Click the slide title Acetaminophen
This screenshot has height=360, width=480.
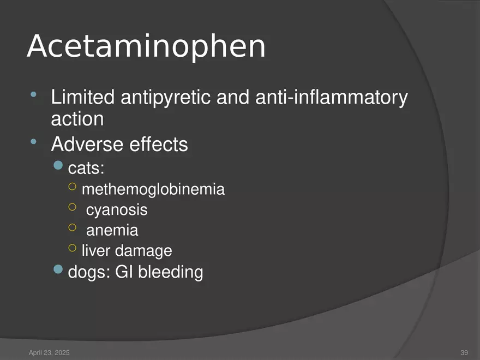click(x=146, y=47)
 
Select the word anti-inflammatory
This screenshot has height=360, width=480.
click(x=328, y=98)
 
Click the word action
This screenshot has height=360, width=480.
click(x=77, y=118)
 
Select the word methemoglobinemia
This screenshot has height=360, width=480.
click(x=153, y=190)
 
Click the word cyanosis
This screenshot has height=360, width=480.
click(x=117, y=210)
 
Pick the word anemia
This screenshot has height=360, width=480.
click(x=112, y=230)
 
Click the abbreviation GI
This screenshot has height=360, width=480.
click(x=124, y=272)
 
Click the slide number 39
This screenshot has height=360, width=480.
click(x=465, y=353)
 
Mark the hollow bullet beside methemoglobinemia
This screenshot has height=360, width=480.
click(x=73, y=187)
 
